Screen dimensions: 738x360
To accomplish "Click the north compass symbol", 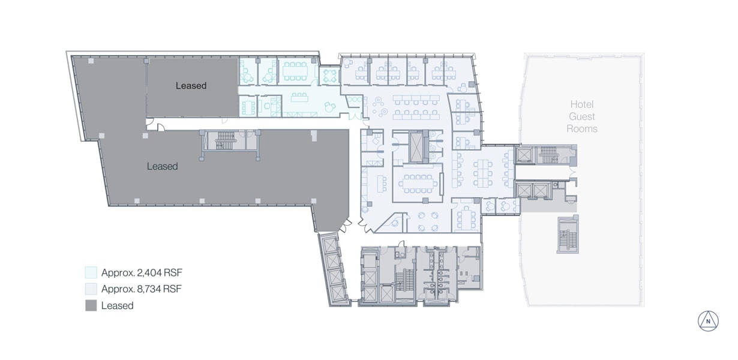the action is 708,321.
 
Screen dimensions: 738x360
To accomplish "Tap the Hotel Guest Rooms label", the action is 582,116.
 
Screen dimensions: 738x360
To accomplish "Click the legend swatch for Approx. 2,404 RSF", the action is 91,272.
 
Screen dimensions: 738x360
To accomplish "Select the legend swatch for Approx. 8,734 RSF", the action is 91,289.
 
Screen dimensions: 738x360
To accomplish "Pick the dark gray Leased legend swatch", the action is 91,305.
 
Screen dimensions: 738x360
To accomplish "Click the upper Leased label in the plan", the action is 191,86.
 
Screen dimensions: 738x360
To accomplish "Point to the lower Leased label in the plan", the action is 163,166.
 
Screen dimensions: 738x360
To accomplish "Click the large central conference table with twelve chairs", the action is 418,184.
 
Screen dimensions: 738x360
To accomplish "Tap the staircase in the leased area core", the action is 226,140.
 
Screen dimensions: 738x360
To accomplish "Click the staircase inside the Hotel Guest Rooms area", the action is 568,235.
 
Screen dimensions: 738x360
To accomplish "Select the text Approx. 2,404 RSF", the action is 142,273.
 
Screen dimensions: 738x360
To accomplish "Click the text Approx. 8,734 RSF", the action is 142,289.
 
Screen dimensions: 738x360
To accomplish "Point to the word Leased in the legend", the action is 117,305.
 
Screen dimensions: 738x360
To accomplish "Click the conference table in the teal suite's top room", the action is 295,71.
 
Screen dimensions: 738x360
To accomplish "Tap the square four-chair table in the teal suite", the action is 329,76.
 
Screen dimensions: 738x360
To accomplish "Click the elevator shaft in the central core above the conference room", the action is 416,147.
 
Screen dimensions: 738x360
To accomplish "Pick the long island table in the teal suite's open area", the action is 299,97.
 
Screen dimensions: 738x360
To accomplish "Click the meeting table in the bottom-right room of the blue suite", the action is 466,218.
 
